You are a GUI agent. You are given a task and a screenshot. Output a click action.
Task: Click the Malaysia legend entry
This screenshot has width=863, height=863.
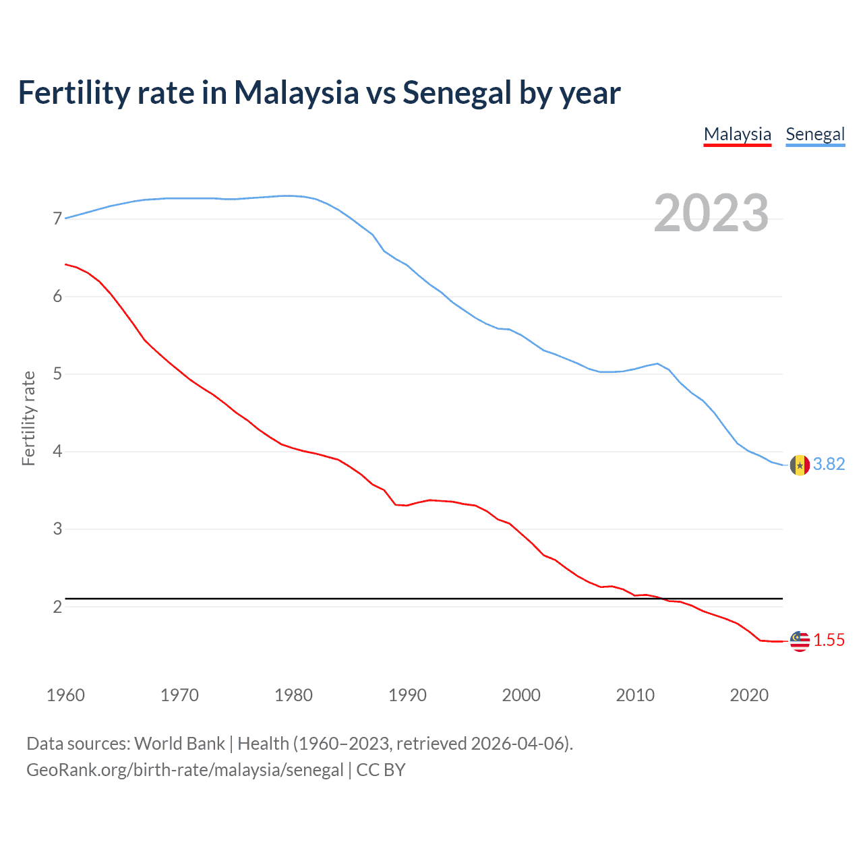click(x=737, y=134)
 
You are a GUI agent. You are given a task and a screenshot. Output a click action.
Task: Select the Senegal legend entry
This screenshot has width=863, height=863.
click(x=815, y=134)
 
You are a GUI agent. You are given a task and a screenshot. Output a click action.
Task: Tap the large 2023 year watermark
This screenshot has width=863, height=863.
click(x=711, y=213)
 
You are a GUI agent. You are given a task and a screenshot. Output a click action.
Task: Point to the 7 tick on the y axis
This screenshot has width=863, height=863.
click(x=57, y=218)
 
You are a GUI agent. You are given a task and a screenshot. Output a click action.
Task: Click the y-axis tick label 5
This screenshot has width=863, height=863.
click(x=57, y=374)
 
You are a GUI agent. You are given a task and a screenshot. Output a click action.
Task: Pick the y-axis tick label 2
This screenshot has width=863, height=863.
click(x=57, y=607)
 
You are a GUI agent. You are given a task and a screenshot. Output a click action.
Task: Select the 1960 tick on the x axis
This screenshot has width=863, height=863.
click(x=65, y=695)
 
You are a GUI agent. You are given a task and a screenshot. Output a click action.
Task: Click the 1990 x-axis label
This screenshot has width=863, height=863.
click(x=407, y=695)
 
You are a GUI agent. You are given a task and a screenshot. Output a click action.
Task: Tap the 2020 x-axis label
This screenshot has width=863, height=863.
click(x=749, y=695)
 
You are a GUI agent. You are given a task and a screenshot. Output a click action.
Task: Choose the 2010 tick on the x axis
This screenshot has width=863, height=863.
click(x=635, y=695)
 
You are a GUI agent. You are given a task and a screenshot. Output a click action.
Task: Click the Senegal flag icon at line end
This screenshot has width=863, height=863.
click(x=800, y=465)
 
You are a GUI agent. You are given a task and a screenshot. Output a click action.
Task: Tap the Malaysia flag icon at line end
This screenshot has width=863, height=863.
click(x=800, y=641)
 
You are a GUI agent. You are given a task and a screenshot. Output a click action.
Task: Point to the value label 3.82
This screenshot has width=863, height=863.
click(x=829, y=465)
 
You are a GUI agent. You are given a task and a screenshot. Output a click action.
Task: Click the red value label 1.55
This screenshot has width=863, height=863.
click(x=829, y=641)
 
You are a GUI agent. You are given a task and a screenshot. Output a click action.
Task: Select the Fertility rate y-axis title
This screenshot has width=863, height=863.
click(x=28, y=418)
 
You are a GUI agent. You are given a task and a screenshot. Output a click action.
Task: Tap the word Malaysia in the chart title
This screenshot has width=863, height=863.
click(x=296, y=93)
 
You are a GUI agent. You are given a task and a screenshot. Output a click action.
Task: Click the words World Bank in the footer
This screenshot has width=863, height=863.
click(x=179, y=744)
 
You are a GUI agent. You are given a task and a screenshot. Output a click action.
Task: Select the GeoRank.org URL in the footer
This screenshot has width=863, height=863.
click(x=185, y=770)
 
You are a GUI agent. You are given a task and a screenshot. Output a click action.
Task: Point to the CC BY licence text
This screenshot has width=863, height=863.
click(x=381, y=770)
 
